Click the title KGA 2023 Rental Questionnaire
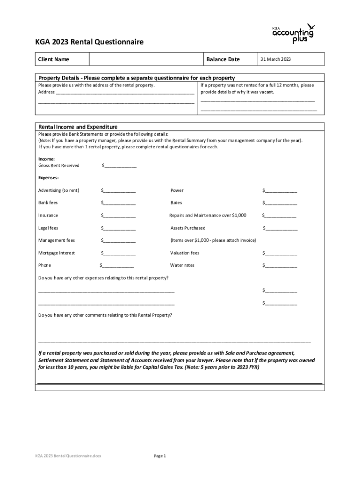click(x=91, y=42)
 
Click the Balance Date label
click(x=223, y=59)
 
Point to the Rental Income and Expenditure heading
click(x=78, y=127)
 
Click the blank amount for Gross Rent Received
click(x=120, y=166)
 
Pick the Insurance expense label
click(x=48, y=215)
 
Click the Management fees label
click(x=56, y=240)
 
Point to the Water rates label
click(x=182, y=265)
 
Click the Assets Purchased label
click(x=187, y=228)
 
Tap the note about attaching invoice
click(x=213, y=240)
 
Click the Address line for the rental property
click(x=124, y=93)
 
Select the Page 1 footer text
click(x=160, y=455)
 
